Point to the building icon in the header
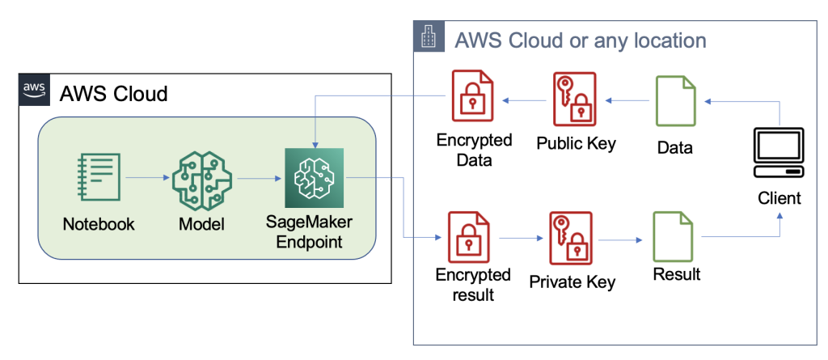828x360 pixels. click(429, 37)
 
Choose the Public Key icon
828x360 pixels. click(576, 100)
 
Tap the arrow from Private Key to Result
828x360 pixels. click(621, 239)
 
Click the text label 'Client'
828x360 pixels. click(779, 198)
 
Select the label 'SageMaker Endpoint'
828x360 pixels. click(312, 232)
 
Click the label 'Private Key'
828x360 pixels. click(572, 282)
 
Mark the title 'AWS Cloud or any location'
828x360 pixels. click(581, 40)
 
